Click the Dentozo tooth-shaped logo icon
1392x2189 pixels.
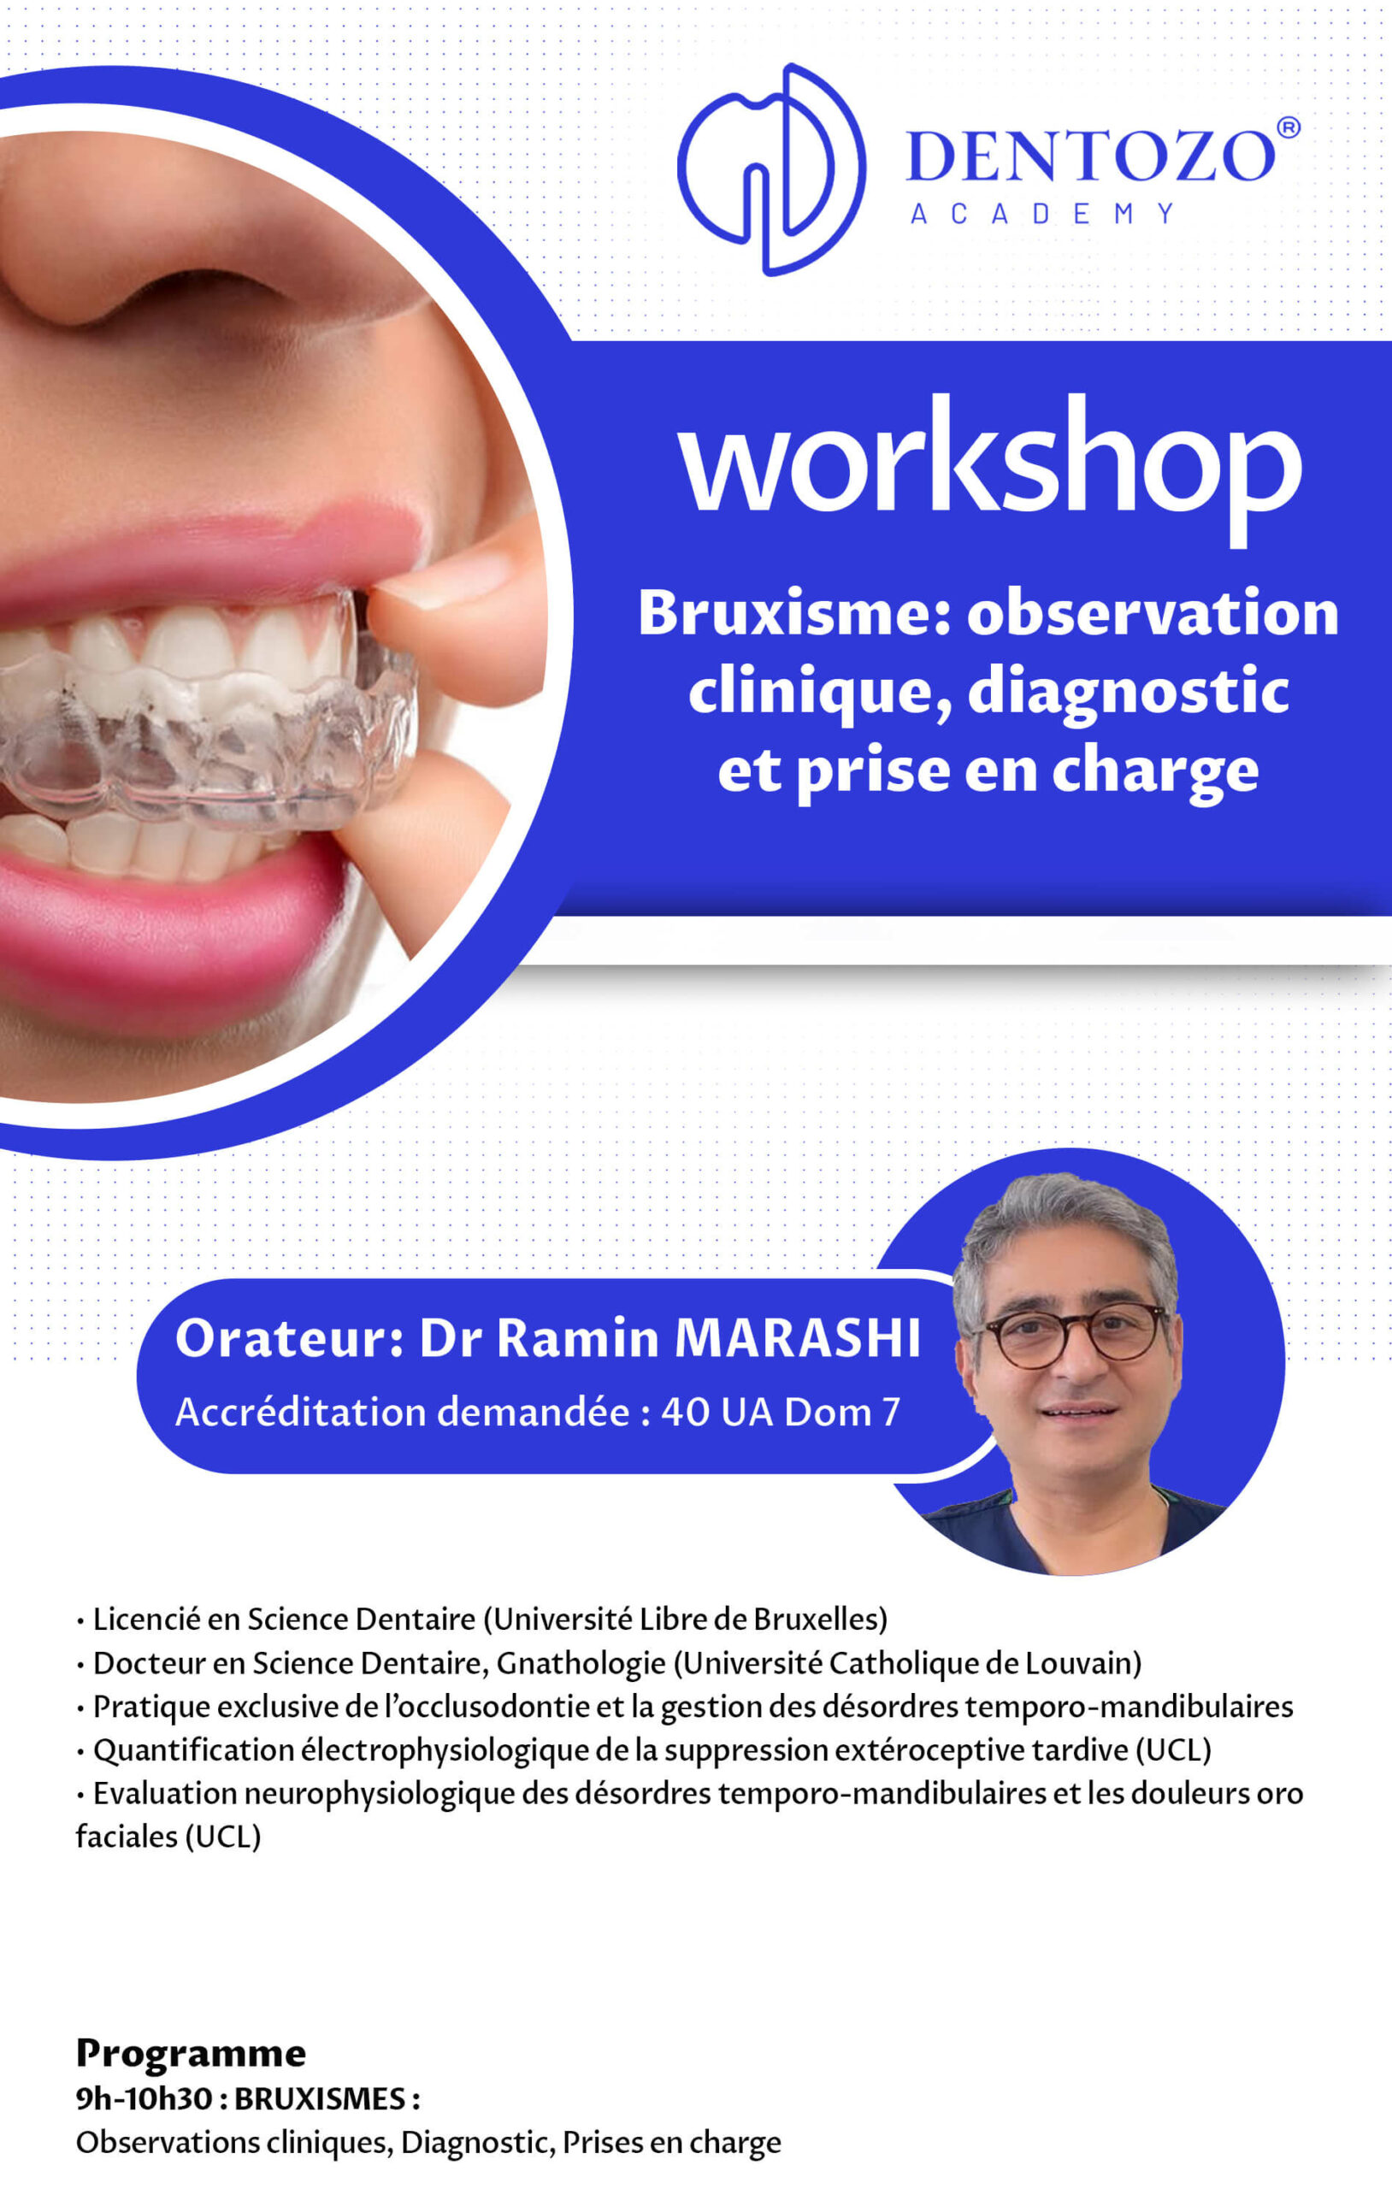[x=771, y=168]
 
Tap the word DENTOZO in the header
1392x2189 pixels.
[x=1091, y=156]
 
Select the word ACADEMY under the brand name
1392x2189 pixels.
[x=1042, y=214]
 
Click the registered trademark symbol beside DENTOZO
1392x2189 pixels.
[x=1289, y=127]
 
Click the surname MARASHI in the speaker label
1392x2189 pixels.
[x=799, y=1338]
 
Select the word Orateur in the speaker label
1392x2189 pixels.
[x=283, y=1338]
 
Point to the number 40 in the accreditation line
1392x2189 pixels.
[x=686, y=1412]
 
